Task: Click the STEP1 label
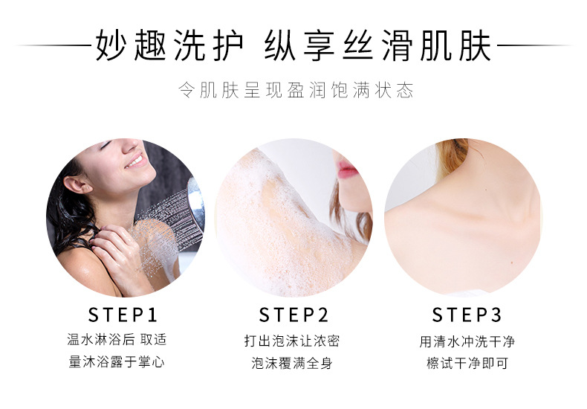pyautogui.click(x=123, y=314)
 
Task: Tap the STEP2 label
pyautogui.click(x=293, y=314)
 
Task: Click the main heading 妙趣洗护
pyautogui.click(x=169, y=46)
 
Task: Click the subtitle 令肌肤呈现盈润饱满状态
pyautogui.click(x=295, y=91)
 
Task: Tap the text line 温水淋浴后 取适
pyautogui.click(x=117, y=340)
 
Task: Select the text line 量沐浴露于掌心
pyautogui.click(x=117, y=363)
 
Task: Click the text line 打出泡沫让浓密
pyautogui.click(x=292, y=341)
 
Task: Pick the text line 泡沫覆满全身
pyautogui.click(x=292, y=364)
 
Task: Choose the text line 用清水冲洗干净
pyautogui.click(x=467, y=341)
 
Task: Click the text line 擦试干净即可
pyautogui.click(x=467, y=364)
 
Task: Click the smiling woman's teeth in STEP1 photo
pyautogui.click(x=134, y=160)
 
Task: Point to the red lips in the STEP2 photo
pyautogui.click(x=347, y=171)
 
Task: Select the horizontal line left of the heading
pyautogui.click(x=52, y=46)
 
